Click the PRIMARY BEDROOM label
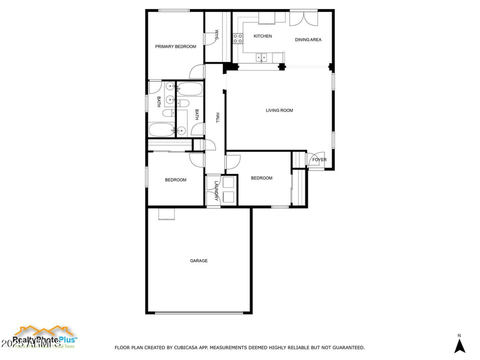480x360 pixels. (176, 46)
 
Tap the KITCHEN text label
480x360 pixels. (263, 36)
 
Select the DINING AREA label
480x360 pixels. (308, 40)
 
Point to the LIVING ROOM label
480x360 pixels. (280, 110)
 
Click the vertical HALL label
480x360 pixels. (218, 118)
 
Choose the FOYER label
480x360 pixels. (319, 160)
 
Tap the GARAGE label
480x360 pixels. (199, 260)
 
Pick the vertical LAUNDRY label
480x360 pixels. (215, 191)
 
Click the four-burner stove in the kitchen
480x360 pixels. (238, 39)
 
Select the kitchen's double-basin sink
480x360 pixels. (262, 58)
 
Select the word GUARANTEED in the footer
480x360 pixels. (345, 347)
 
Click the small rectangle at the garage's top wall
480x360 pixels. (166, 214)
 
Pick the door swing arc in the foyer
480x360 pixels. (314, 160)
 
